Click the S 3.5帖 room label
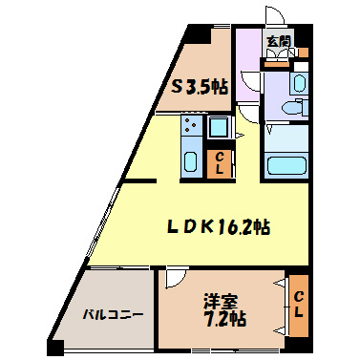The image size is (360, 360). pyautogui.click(x=200, y=86)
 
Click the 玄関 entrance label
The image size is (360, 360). pyautogui.click(x=278, y=41)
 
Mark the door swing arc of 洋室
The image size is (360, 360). pyautogui.click(x=176, y=278)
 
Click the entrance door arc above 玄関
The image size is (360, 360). pyautogui.click(x=275, y=20)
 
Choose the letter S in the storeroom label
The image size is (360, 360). pyautogui.click(x=177, y=86)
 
